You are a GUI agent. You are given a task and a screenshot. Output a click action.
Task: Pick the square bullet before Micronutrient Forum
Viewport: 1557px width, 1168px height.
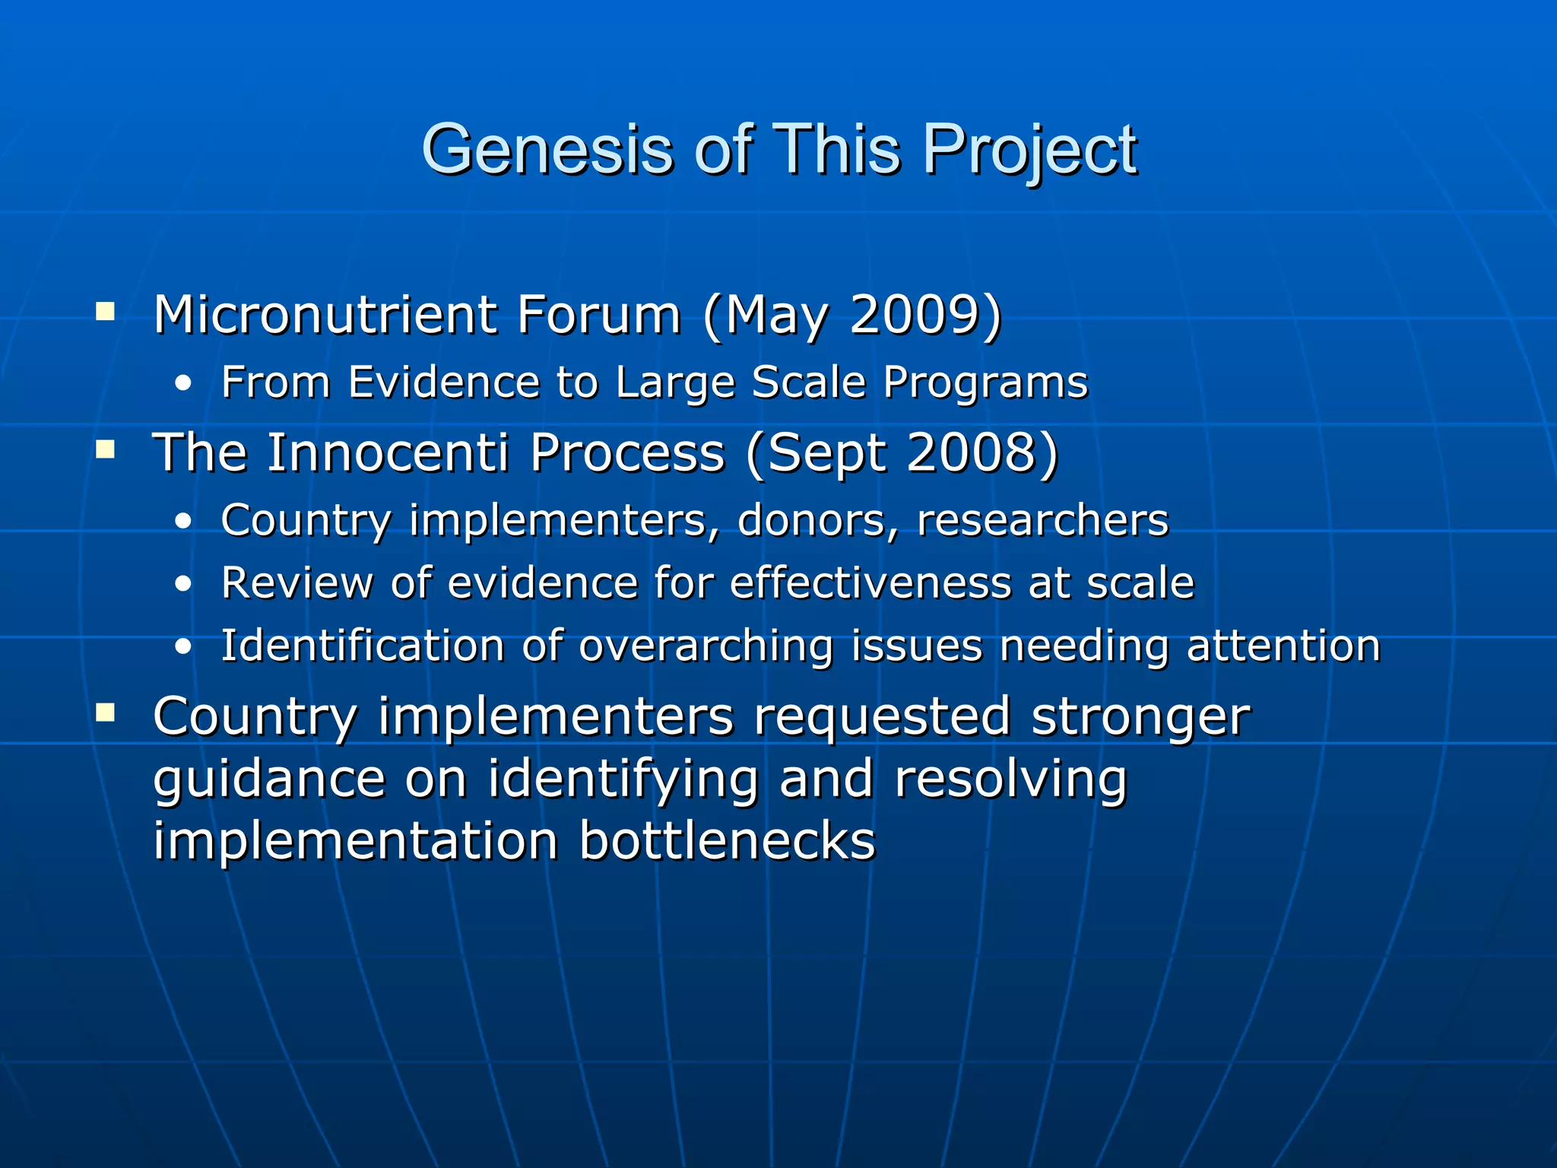coord(106,312)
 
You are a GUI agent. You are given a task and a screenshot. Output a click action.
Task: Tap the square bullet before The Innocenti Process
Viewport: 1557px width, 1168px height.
coord(106,450)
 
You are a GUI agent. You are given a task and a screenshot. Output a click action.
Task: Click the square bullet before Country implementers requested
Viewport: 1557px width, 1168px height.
coord(106,713)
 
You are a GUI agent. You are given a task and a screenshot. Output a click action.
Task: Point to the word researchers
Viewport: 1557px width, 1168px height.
coord(1042,521)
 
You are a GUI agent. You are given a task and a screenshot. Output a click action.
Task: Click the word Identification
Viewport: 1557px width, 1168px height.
coord(363,646)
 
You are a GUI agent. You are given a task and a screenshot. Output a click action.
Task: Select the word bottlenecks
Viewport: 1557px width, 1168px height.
coord(728,841)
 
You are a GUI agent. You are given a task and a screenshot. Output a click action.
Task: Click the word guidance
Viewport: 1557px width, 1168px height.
coord(270,781)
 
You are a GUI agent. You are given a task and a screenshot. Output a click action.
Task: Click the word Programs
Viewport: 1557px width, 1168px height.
coord(985,382)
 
